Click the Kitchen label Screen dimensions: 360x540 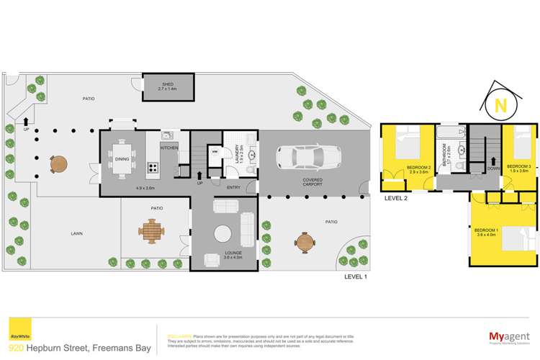(169, 148)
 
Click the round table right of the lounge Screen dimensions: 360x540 (305, 243)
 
